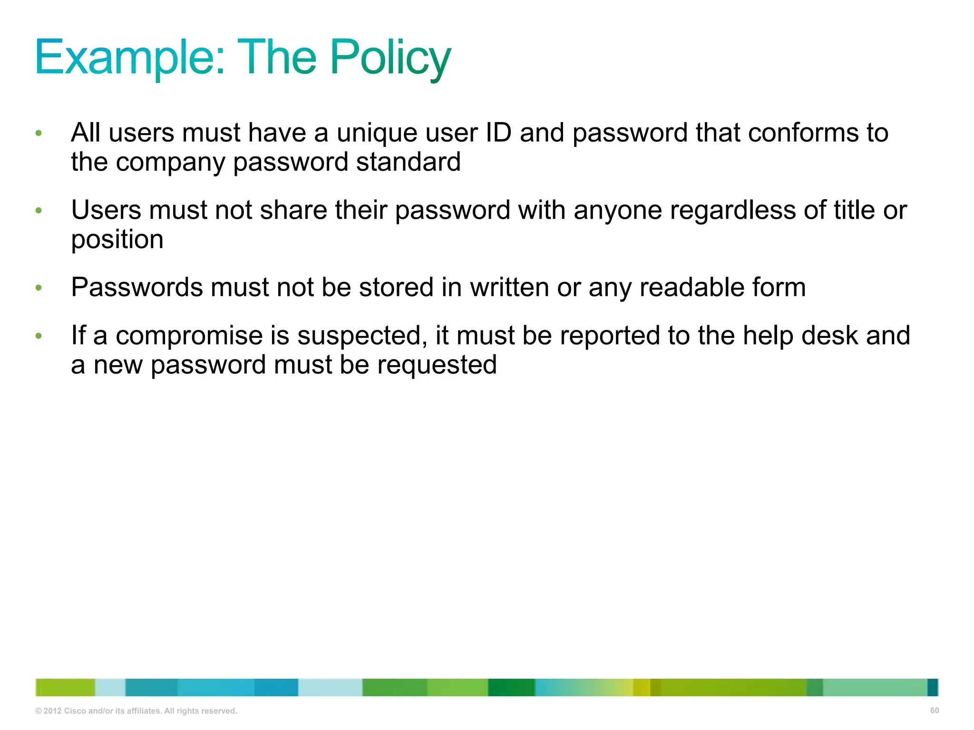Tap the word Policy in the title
(390, 58)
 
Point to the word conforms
(803, 133)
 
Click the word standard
(408, 162)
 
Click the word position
(117, 240)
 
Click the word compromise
(189, 336)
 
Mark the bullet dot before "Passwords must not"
(39, 288)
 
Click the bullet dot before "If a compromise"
(39, 336)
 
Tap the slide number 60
(935, 711)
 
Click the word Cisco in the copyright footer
(75, 711)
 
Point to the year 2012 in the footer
(53, 711)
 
